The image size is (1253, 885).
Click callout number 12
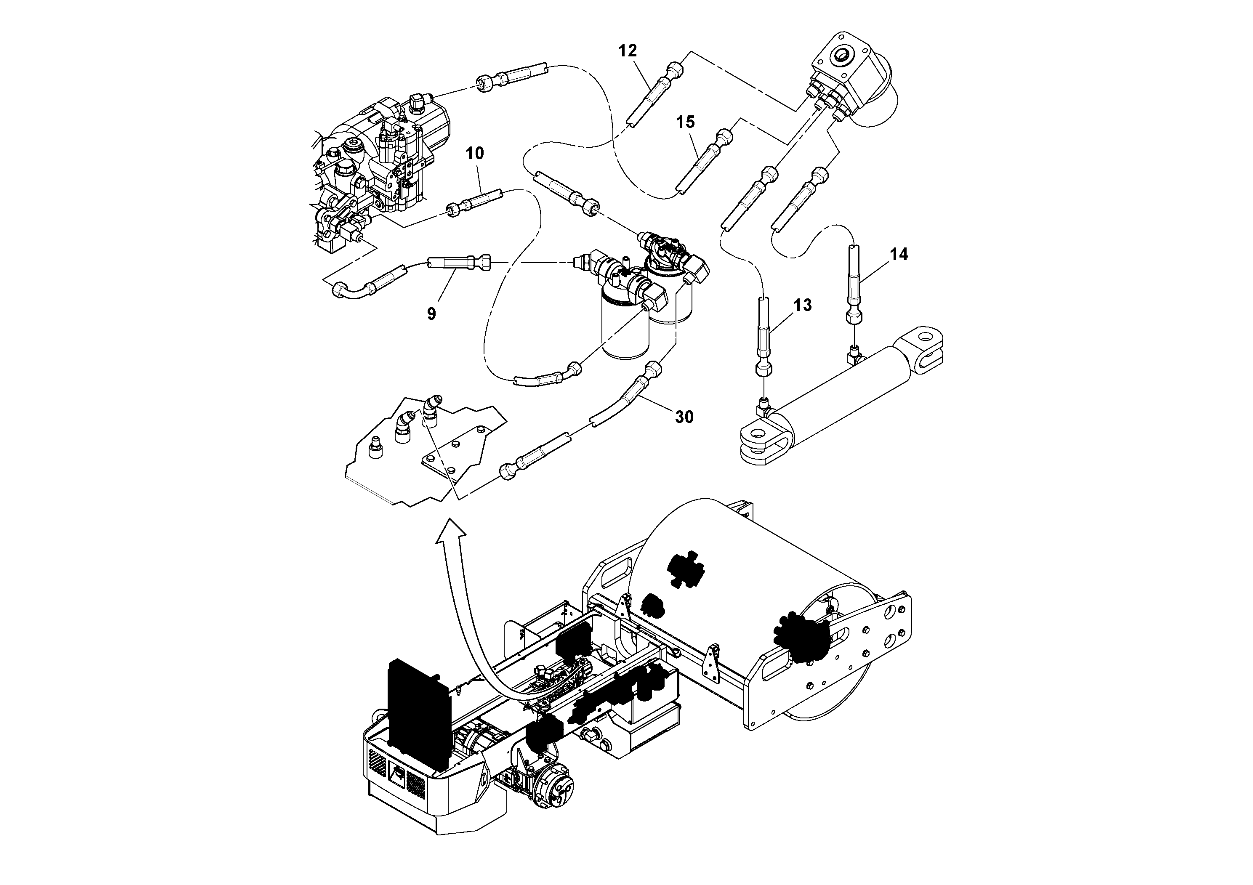coord(628,51)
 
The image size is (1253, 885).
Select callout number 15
coord(686,122)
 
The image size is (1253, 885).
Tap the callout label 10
coord(474,153)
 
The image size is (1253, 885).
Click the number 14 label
coord(899,254)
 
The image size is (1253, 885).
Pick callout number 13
coord(802,305)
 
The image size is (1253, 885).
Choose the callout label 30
coord(684,417)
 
